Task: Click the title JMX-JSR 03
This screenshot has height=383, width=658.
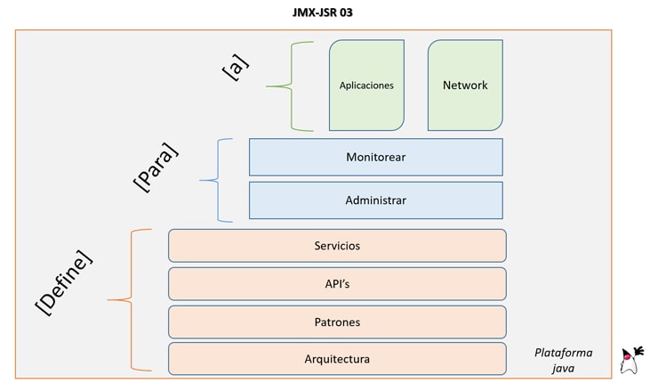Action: point(330,12)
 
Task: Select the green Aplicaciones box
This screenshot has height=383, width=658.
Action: point(366,86)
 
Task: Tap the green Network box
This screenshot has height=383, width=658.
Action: point(465,86)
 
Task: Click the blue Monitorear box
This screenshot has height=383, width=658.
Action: point(375,157)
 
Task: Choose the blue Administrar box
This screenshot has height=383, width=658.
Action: point(375,200)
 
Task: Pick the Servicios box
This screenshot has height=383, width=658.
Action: point(337,246)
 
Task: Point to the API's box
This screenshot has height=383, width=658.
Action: point(337,283)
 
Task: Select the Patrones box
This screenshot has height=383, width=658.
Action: point(337,321)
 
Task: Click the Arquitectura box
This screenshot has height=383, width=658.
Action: point(337,359)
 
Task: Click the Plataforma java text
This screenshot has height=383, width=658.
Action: point(563,359)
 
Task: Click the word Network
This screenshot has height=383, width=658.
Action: point(465,86)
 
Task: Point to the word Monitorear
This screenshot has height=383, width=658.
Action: point(375,157)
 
